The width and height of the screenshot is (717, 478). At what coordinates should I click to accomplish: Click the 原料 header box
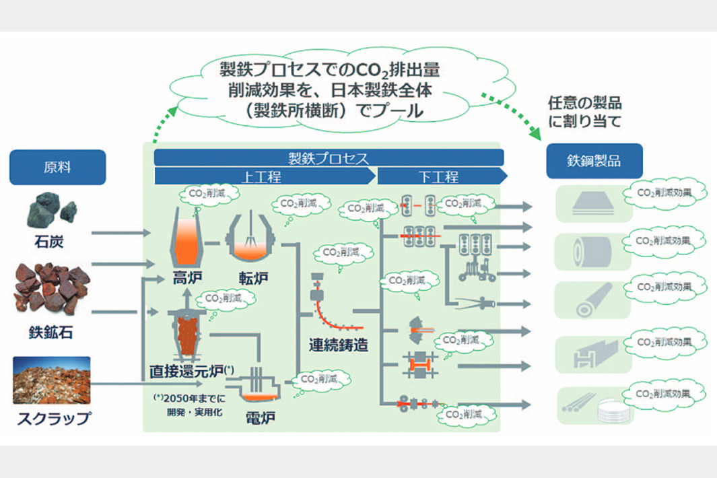click(57, 167)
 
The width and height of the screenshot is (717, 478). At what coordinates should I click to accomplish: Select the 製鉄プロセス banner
click(329, 158)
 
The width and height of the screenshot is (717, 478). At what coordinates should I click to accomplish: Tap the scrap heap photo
click(52, 380)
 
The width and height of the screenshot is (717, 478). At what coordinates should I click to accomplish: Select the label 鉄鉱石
click(52, 332)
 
